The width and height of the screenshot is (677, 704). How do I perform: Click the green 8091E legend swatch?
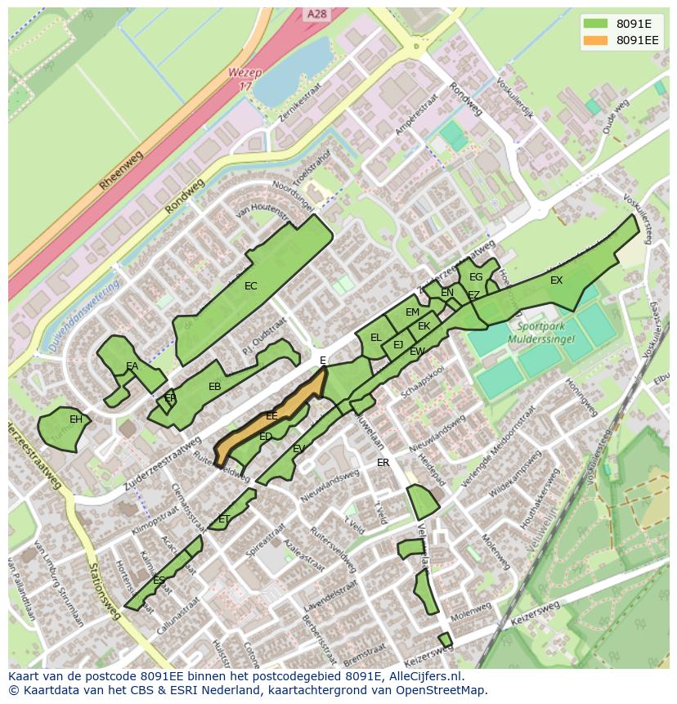pos(595,23)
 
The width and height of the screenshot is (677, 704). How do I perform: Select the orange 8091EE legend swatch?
pos(595,40)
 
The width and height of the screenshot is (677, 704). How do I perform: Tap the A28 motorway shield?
pos(316,14)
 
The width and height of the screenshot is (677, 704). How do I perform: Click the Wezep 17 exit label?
pos(244,78)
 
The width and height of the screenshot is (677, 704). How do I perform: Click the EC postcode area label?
pos(250,286)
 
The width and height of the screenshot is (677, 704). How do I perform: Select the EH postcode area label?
pos(75,419)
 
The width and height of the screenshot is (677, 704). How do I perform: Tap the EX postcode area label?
pos(556,280)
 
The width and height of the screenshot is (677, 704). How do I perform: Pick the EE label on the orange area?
pos(271,416)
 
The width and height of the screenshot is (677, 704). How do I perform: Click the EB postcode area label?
pos(214,387)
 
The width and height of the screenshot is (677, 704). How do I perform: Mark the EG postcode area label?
pos(475,277)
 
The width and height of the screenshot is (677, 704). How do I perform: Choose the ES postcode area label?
pos(159,581)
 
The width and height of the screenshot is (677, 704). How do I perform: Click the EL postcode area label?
pos(375,337)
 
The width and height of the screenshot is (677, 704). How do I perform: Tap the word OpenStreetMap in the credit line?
pos(446,690)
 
